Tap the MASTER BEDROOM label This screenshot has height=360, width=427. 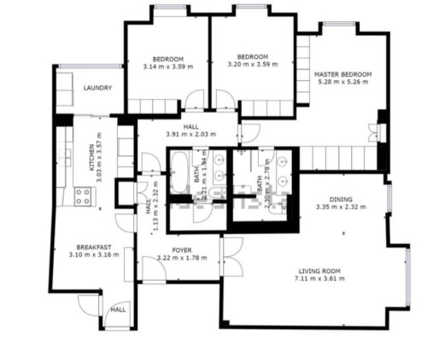click(x=342, y=74)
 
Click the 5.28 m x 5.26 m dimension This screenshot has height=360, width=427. click(x=342, y=83)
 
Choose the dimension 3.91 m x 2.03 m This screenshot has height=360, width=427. click(x=190, y=134)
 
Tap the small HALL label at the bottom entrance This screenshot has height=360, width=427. click(x=117, y=309)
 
